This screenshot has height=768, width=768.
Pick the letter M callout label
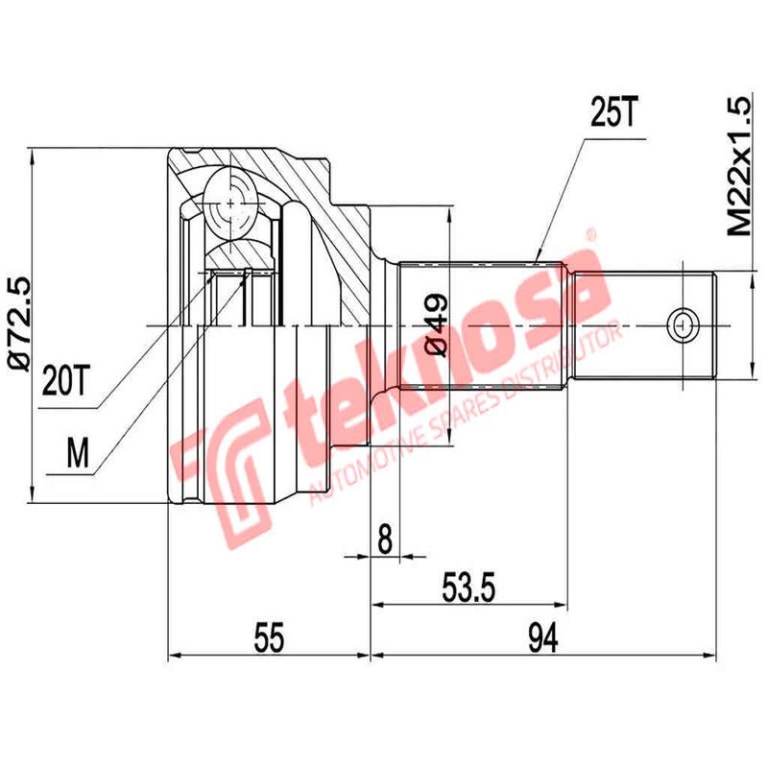[82, 451]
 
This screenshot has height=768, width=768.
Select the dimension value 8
[385, 540]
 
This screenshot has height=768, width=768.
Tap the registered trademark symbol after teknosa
[592, 233]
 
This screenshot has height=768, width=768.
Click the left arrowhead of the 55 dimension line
[174, 658]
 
